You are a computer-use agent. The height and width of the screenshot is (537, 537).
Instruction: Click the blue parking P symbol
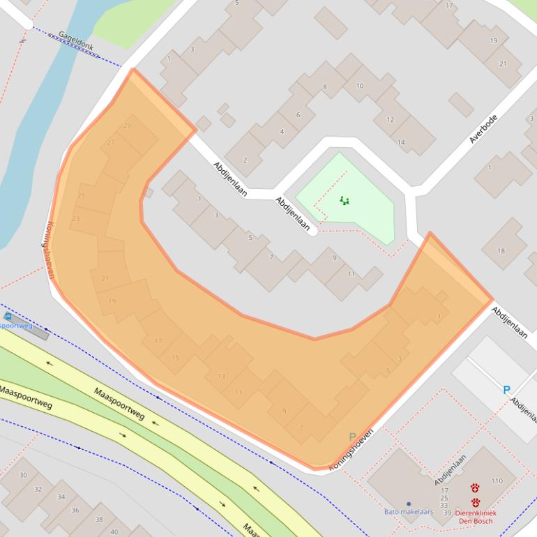click(507, 391)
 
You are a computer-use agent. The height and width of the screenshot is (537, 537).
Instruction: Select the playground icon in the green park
click(344, 201)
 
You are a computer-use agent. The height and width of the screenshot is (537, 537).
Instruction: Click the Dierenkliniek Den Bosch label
click(475, 517)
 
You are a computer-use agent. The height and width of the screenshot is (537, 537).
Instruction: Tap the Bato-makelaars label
click(408, 512)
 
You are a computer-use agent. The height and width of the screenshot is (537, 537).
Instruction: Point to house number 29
click(126, 126)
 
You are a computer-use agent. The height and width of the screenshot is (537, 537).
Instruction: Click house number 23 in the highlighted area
click(75, 218)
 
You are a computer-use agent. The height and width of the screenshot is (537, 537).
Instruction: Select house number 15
click(175, 358)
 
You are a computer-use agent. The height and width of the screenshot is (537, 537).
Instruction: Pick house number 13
click(221, 376)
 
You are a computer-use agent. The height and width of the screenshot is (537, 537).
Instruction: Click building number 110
click(497, 481)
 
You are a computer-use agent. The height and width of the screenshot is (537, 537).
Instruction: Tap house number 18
click(501, 251)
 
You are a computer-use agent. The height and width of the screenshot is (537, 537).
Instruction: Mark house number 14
click(401, 142)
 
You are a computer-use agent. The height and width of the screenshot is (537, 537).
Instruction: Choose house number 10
click(360, 86)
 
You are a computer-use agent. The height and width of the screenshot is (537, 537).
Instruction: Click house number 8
click(324, 87)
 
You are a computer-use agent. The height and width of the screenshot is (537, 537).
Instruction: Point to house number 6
click(298, 115)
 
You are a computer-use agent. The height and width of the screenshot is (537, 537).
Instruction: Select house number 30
click(23, 475)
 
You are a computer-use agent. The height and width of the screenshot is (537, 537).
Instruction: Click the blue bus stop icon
click(8, 316)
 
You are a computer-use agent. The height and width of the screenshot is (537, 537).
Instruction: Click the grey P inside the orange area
click(352, 437)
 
